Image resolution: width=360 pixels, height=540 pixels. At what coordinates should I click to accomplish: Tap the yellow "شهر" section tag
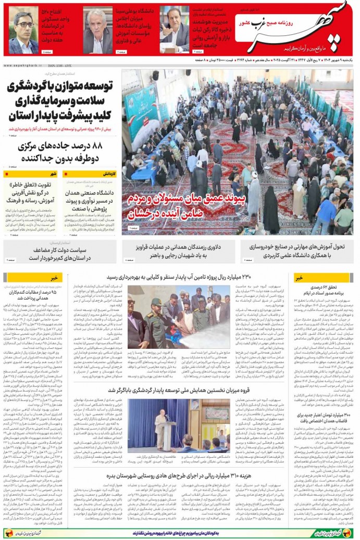[x=54, y=174]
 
